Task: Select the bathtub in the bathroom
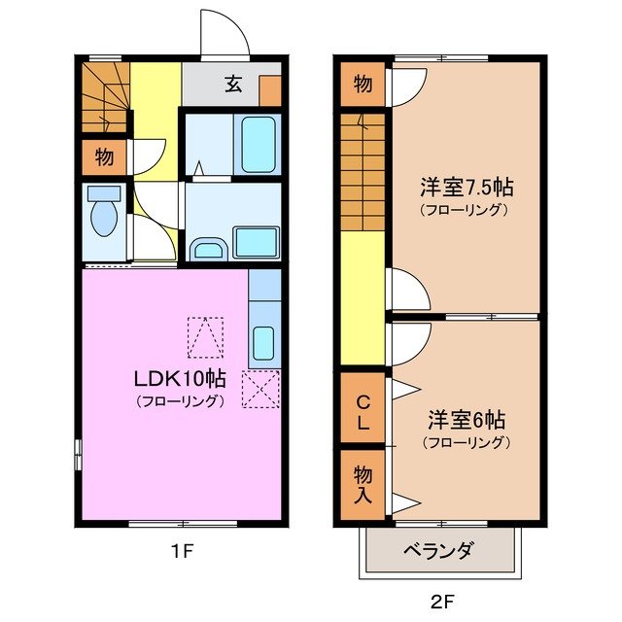259,145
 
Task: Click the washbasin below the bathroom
207,250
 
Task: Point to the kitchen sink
263,343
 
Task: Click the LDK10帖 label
180,379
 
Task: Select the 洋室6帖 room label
466,421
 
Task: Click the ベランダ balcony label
437,552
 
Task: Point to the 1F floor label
183,552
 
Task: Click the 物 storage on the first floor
104,155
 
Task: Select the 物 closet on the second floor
363,85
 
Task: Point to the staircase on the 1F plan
105,97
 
